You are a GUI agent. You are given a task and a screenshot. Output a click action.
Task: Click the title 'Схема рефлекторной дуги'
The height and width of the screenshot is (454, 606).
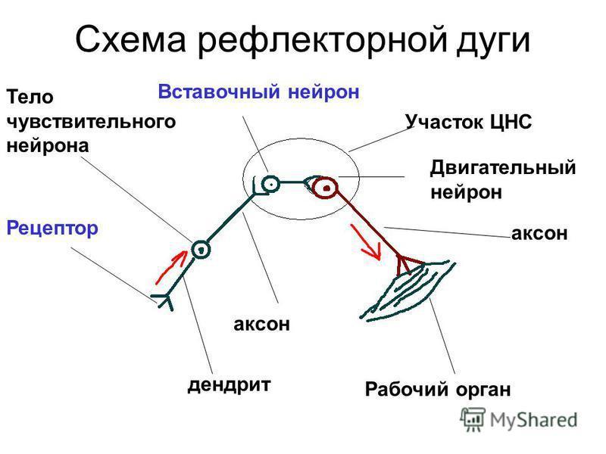(302, 41)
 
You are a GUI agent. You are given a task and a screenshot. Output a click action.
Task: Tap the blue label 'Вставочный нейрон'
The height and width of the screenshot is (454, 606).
(258, 92)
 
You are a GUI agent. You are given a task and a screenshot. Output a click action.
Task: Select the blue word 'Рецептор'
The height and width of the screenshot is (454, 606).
(52, 229)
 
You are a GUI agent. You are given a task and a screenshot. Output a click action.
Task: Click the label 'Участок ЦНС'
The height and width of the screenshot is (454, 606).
(468, 122)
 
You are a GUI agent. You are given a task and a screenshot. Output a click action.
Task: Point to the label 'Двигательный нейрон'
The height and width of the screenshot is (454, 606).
(503, 179)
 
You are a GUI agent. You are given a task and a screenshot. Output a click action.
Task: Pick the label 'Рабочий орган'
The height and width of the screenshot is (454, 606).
(438, 389)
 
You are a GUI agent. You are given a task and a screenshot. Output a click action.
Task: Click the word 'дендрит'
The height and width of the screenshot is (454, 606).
(229, 385)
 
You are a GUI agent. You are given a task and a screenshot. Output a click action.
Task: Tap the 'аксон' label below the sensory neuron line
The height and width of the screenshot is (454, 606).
(261, 325)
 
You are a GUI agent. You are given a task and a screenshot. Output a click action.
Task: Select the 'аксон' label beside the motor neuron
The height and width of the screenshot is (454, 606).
(539, 234)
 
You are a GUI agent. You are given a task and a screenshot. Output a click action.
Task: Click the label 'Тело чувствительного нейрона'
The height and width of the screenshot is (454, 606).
(91, 121)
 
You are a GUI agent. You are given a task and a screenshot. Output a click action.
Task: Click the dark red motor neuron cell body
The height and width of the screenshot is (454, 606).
(326, 188)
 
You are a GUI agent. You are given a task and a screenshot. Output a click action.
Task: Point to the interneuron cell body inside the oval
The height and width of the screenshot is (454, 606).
(271, 185)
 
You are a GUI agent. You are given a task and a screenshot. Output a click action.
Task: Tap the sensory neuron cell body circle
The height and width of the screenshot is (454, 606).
(201, 250)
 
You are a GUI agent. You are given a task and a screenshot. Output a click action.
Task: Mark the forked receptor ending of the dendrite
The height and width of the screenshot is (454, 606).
(163, 300)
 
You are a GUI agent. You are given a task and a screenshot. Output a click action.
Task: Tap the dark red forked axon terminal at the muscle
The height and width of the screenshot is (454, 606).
(408, 264)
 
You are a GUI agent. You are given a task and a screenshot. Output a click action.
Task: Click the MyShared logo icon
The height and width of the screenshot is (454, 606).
(472, 419)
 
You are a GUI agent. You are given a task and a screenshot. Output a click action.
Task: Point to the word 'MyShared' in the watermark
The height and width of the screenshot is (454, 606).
(534, 421)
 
